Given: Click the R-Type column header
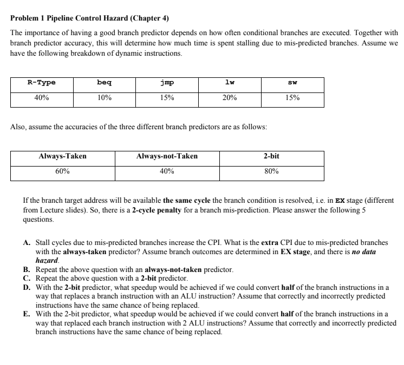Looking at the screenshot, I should pyautogui.click(x=42, y=83).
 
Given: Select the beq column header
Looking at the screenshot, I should pyautogui.click(x=105, y=83).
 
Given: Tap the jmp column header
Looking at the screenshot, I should pyautogui.click(x=167, y=83).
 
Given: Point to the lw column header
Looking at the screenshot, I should pyautogui.click(x=230, y=83).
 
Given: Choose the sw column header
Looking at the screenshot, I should pyautogui.click(x=293, y=83).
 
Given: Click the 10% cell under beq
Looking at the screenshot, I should pyautogui.click(x=105, y=98).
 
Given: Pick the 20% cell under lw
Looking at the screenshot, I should pyautogui.click(x=230, y=98).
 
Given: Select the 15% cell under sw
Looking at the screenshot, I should pyautogui.click(x=293, y=98).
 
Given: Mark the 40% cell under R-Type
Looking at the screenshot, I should pyautogui.click(x=42, y=98).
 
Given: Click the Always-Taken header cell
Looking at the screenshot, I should pyautogui.click(x=62, y=156).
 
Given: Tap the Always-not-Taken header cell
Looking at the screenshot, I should pyautogui.click(x=167, y=156).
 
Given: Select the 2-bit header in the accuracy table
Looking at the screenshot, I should pyautogui.click(x=271, y=156).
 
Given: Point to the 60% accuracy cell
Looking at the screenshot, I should pyautogui.click(x=62, y=171).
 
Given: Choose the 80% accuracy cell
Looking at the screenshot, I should pyautogui.click(x=271, y=171).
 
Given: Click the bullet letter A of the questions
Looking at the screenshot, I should pyautogui.click(x=26, y=244).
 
